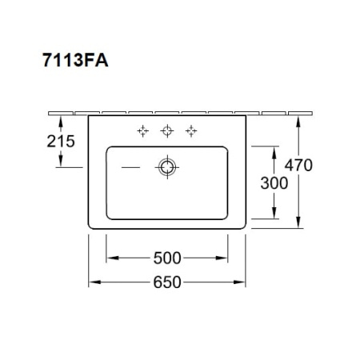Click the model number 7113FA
75,60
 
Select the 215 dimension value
61,141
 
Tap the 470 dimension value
298,165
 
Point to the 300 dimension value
274,183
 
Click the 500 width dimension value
167,258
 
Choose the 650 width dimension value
167,282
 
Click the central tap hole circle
167,131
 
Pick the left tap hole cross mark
143,131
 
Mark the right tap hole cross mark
191,131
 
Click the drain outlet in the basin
167,167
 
